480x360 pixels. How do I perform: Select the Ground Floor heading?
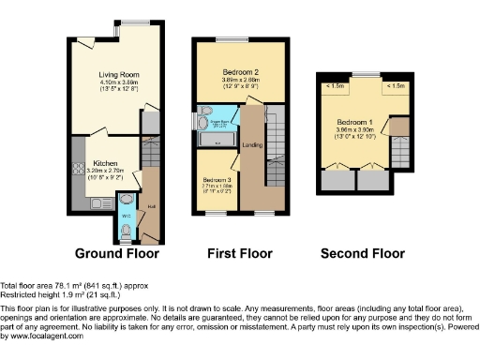[x=117, y=253]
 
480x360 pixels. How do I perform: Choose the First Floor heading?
[x=240, y=253]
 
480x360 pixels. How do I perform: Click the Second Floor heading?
[x=363, y=253]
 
